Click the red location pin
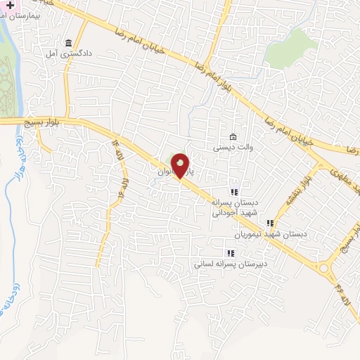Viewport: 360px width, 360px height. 181,166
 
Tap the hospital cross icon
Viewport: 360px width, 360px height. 10,4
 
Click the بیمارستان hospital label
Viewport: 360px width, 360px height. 37,13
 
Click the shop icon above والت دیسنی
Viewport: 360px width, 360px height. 233,136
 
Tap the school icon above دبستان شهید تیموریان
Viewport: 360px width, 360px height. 271,223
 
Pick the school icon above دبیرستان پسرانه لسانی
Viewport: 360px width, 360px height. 229,253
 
